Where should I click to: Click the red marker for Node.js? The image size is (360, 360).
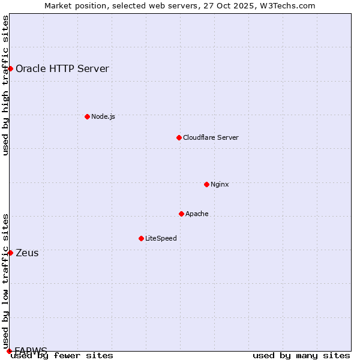[x=87, y=116]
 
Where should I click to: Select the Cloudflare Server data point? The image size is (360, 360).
[x=179, y=137]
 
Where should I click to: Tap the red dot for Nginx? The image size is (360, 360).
[x=206, y=184]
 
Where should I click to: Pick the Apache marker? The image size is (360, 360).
[x=181, y=214]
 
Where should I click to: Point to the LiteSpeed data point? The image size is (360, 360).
[x=141, y=238]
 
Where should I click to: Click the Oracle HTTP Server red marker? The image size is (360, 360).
[x=10, y=68]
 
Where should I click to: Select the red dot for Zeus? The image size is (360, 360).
[x=10, y=253]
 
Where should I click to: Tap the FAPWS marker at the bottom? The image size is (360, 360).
[x=9, y=350]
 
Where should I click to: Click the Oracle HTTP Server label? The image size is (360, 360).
[x=62, y=68]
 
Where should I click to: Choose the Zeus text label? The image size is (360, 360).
[x=27, y=253]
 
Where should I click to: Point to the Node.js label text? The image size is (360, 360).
[x=103, y=116]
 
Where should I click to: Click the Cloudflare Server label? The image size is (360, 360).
[x=211, y=137]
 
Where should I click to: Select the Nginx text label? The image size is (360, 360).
[x=220, y=184]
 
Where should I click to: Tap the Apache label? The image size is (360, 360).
[x=197, y=214]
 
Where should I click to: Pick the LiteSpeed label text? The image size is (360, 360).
[x=161, y=238]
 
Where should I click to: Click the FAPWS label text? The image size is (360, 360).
[x=31, y=350]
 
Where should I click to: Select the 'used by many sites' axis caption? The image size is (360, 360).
[x=301, y=355]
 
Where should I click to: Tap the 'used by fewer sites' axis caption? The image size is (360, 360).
[x=62, y=355]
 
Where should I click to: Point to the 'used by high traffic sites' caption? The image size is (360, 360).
[x=6, y=86]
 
